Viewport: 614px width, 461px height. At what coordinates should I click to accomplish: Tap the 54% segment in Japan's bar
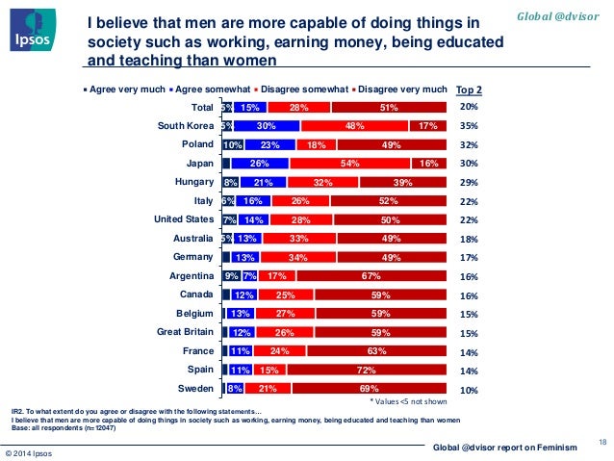coord(350,164)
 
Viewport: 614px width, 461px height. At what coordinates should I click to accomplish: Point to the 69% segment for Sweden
coord(371,388)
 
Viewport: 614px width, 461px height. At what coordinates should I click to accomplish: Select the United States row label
coord(183,219)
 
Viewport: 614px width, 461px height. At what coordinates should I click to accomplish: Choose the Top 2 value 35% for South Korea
coord(469,126)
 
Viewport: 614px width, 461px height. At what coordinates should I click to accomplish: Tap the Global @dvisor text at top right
coord(567,15)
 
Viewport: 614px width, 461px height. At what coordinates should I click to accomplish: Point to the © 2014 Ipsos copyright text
coord(32,452)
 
